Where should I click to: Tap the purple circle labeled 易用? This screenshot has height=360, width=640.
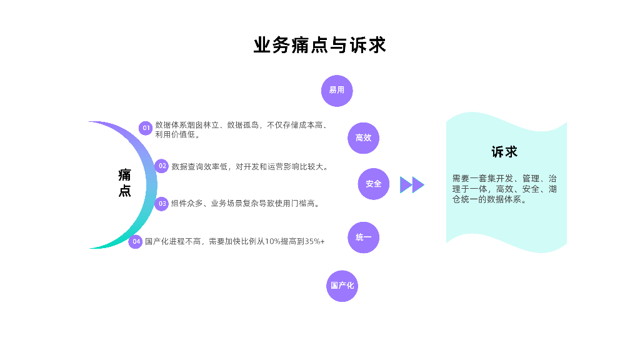337,91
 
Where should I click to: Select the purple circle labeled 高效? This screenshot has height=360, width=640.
363,137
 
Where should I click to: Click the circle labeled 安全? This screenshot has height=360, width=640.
374,184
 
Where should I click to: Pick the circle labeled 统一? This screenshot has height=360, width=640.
363,237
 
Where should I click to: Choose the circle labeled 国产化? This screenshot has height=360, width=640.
342,286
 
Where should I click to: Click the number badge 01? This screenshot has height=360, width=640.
146,128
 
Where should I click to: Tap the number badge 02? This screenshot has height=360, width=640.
162,166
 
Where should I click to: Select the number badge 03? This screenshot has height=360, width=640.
162,203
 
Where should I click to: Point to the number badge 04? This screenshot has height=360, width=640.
136,241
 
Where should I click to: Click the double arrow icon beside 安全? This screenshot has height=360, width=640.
412,184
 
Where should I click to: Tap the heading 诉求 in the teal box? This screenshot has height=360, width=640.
504,152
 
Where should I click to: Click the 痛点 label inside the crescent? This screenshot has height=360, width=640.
125,182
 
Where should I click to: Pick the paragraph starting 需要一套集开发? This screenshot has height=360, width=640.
504,189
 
